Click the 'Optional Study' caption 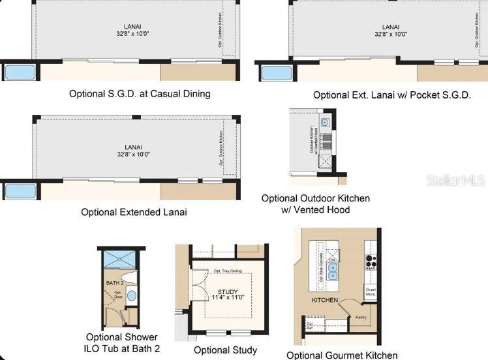click(x=226, y=350)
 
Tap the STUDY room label click(x=227, y=292)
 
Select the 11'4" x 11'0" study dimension click(x=227, y=298)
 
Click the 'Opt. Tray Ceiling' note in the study click(x=226, y=271)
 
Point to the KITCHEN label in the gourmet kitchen click(x=324, y=300)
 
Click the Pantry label click(x=361, y=318)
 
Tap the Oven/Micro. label click(x=371, y=292)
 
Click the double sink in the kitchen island click(x=333, y=271)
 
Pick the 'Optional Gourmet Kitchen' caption click(x=342, y=355)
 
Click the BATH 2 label click(x=114, y=283)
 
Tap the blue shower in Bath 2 click(x=117, y=260)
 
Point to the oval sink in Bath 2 click(x=130, y=295)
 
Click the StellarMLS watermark click(x=455, y=180)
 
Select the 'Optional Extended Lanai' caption click(x=134, y=212)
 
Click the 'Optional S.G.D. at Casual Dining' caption click(x=140, y=94)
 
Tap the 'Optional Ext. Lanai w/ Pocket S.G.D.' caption click(x=391, y=95)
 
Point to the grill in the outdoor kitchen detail click(x=326, y=140)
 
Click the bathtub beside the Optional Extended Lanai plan click(x=20, y=192)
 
